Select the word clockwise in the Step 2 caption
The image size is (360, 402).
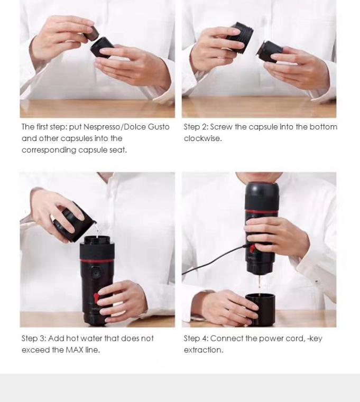(202, 138)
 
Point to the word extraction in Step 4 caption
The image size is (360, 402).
(203, 350)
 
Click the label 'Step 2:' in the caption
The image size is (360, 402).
(196, 127)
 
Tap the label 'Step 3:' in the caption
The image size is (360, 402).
(34, 338)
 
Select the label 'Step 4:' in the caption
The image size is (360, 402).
(196, 338)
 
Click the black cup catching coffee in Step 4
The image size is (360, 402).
(260, 310)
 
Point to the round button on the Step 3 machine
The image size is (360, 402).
(96, 273)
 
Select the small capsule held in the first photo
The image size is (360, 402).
(91, 34)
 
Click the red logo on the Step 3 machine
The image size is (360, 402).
(96, 297)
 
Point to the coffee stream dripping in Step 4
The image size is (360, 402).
(259, 285)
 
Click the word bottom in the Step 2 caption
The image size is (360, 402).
(324, 127)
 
